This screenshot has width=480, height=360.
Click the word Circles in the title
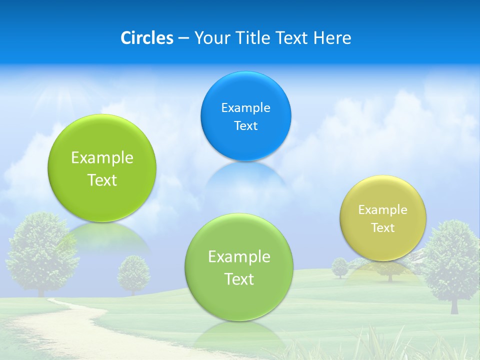pos(147,38)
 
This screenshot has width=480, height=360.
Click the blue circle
pos(245,116)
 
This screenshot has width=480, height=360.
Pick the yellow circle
pos(382,218)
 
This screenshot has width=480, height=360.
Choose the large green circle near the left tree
pos(102,168)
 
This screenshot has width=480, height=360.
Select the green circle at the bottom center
pos(239,267)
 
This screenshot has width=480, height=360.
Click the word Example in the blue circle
pos(245,107)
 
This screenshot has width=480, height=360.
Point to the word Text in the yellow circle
pos(383,228)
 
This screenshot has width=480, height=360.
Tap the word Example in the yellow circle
pos(382,210)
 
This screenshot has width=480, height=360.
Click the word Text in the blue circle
pos(245,125)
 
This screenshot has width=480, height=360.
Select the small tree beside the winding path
pos(133,273)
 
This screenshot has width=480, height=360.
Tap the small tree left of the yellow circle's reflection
pos(340,267)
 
